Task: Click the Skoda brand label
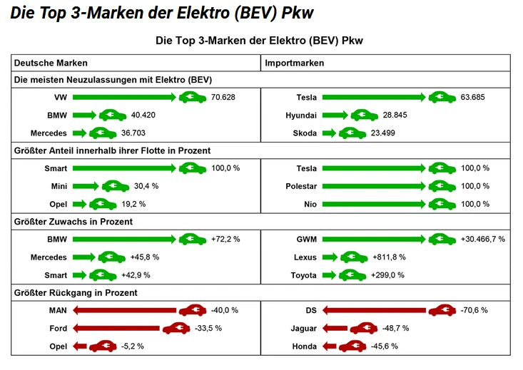(305, 133)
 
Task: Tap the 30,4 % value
(146, 186)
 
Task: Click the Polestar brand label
(301, 186)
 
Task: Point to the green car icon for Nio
(442, 204)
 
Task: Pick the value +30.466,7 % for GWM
(483, 240)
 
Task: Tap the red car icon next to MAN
(193, 310)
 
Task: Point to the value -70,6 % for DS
(474, 310)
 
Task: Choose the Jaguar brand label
(304, 328)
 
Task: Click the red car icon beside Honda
(352, 346)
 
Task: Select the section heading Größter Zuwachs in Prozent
(73, 222)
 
